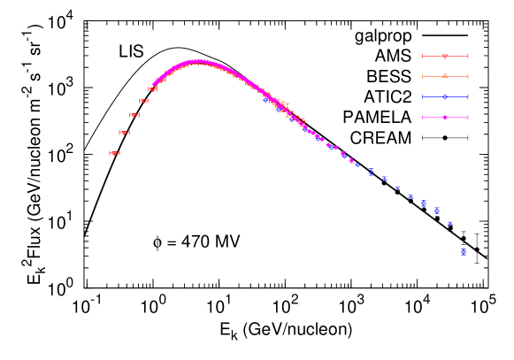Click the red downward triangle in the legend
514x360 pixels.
445,56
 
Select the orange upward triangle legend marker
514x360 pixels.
445,76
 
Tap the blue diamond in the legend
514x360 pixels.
445,96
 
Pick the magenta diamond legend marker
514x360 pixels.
445,117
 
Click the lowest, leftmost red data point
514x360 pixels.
114,153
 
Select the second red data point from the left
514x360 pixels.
124,133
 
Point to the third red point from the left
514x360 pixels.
134,115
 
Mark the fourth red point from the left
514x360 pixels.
143,101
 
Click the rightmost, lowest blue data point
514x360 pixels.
464,253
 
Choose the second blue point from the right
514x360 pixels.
450,223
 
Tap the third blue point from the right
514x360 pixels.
437,211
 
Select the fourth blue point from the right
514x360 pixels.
424,203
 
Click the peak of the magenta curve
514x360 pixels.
198,61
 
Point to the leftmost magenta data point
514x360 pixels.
154,85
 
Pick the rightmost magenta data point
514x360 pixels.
351,161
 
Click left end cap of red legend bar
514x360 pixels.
423,56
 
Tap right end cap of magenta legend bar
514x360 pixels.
468,117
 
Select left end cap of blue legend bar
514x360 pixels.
423,96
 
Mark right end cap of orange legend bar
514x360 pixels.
468,76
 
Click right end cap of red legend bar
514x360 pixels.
468,56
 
